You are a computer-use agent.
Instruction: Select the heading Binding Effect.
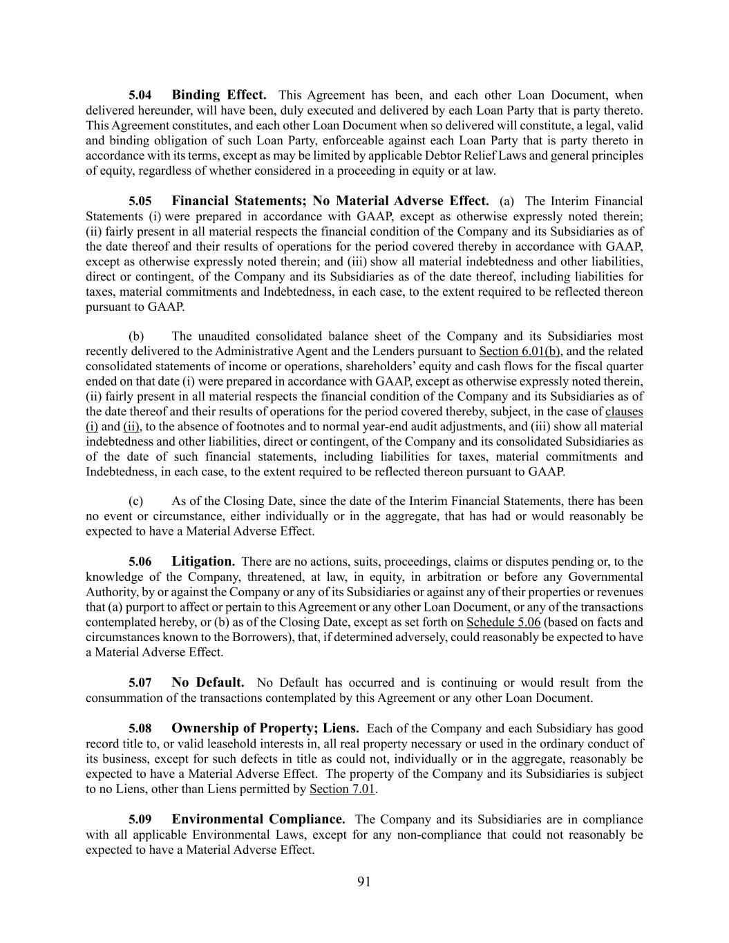(x=219, y=95)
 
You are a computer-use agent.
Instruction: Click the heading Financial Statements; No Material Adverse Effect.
(x=330, y=201)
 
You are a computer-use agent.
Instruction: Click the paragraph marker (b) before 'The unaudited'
(x=136, y=336)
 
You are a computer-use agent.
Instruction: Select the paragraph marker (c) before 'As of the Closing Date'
(x=136, y=501)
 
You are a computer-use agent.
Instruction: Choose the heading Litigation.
(x=203, y=562)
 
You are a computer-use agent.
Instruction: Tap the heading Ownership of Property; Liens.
(x=265, y=728)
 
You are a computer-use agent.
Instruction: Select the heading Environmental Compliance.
(x=258, y=819)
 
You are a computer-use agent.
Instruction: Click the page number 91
(x=364, y=882)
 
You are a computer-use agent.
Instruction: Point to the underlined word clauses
(x=624, y=412)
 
